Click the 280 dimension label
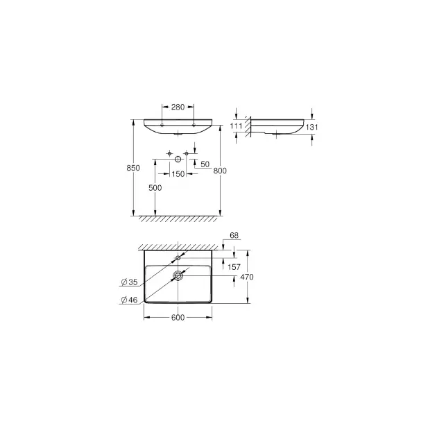178,107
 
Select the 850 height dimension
133,168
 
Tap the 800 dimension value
220,171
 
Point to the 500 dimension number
155,188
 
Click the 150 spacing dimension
178,174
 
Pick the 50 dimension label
205,164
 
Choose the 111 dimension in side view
236,126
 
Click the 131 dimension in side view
312,127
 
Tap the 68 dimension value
234,236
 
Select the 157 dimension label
234,267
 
